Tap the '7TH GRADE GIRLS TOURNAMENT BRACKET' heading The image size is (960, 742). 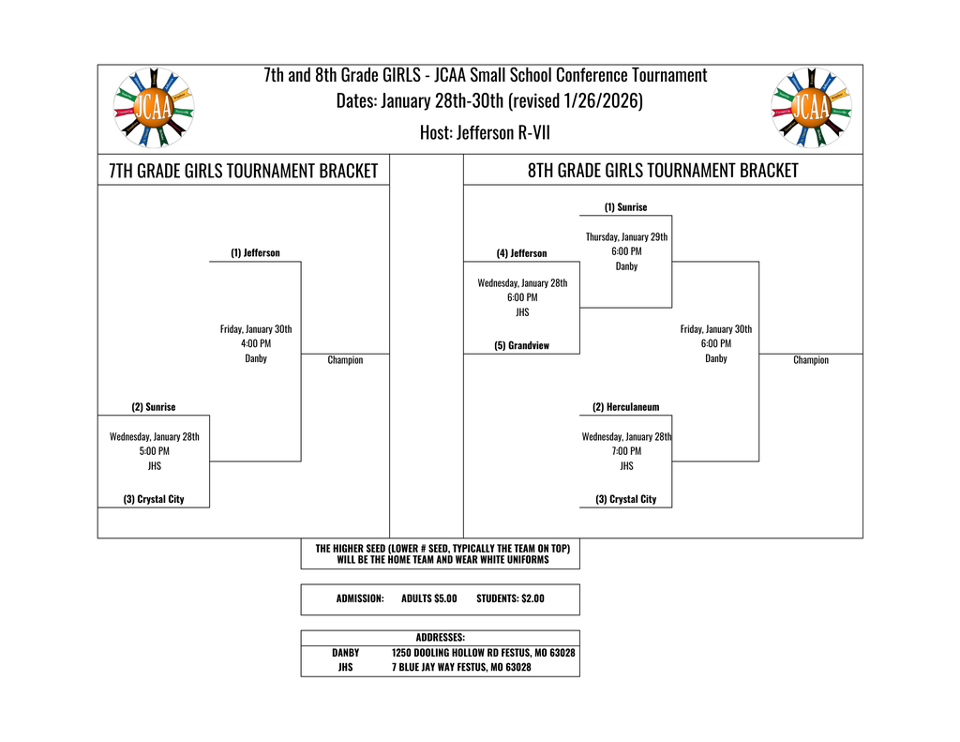[243, 171]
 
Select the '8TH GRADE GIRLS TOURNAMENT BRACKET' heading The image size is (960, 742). [663, 171]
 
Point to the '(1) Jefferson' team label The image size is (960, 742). [255, 253]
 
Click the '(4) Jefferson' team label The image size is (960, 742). [521, 253]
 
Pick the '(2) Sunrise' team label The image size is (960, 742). [154, 407]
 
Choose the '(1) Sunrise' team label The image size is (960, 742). [625, 207]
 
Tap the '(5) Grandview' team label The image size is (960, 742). [521, 345]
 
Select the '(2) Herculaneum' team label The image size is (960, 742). [625, 407]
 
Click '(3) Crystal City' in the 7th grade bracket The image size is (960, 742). [154, 499]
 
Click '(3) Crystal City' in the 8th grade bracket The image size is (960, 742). [625, 499]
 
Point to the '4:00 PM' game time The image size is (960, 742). [256, 343]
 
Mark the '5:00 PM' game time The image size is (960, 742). [154, 450]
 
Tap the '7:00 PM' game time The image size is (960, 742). [626, 450]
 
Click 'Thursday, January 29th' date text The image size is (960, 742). [626, 237]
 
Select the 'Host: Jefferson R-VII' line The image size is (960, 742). [485, 132]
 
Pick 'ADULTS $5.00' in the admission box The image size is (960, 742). [428, 598]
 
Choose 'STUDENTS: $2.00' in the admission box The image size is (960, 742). [510, 598]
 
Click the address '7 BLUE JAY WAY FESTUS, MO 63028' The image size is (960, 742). [461, 667]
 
